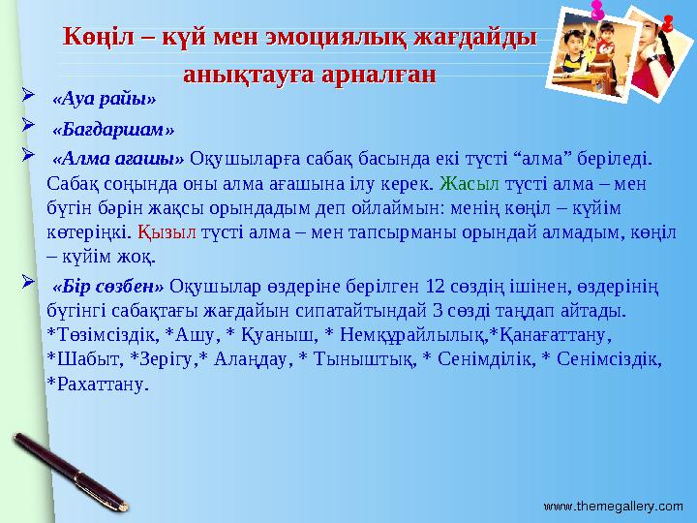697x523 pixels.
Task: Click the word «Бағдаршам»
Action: tap(113, 129)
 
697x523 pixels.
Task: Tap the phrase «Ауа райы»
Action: tap(104, 99)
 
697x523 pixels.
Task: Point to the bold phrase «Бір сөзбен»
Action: tap(109, 287)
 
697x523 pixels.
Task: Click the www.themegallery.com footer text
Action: tap(613, 506)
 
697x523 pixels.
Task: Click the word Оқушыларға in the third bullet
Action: tap(237, 159)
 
